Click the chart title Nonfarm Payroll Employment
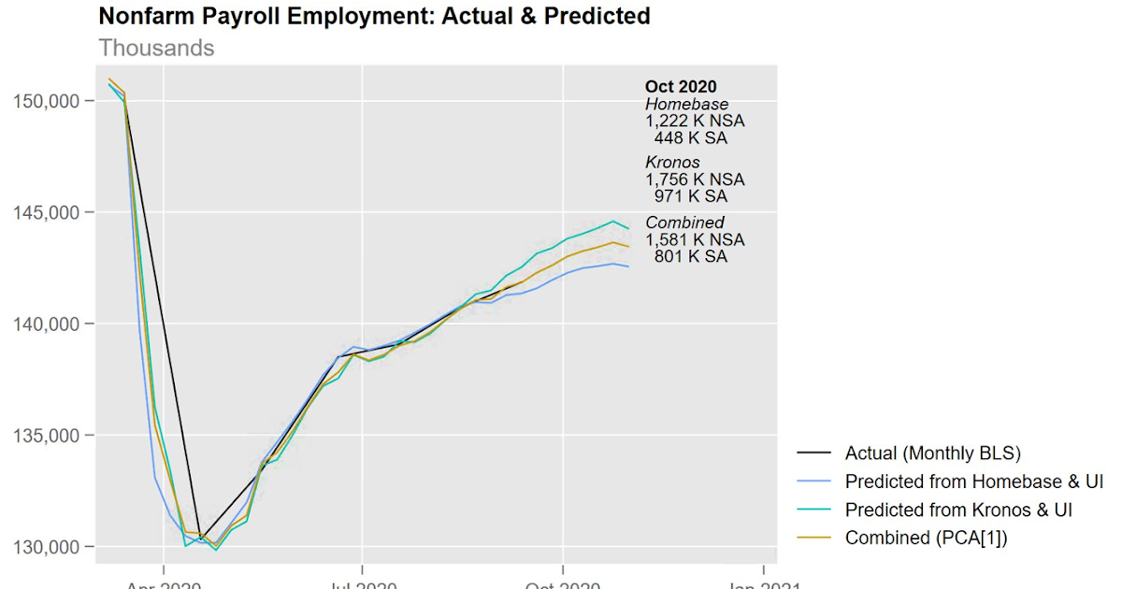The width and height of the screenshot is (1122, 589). [x=374, y=17]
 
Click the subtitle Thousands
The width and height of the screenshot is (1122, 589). [x=156, y=48]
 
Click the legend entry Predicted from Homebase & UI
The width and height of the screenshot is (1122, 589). [x=973, y=481]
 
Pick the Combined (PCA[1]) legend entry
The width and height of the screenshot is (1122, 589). [x=924, y=538]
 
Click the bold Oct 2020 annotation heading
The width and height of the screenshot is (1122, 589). [x=681, y=88]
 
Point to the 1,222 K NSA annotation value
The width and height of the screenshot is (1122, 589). [x=695, y=122]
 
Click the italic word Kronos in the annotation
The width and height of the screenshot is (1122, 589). [x=672, y=163]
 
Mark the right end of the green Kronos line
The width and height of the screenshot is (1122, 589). [x=629, y=228]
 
